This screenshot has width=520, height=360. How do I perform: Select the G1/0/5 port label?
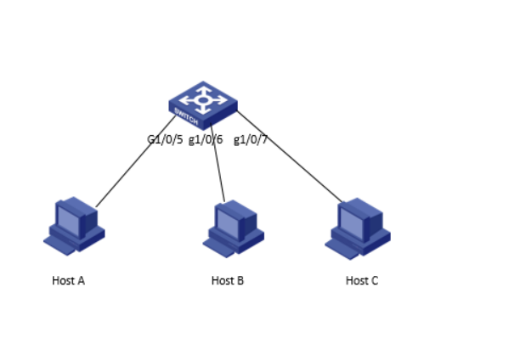pyautogui.click(x=166, y=140)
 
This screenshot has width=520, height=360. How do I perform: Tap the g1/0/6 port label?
pyautogui.click(x=206, y=140)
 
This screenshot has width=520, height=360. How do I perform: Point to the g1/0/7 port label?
pyautogui.click(x=251, y=140)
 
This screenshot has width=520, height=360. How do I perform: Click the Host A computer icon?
pyautogui.click(x=74, y=225)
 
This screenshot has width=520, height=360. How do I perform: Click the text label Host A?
pyautogui.click(x=69, y=281)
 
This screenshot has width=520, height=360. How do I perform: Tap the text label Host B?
pyautogui.click(x=228, y=281)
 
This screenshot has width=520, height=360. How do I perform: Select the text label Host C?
pyautogui.click(x=362, y=281)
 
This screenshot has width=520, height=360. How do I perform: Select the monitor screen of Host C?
pyautogui.click(x=349, y=220)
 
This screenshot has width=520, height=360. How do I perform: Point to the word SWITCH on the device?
pyautogui.click(x=186, y=113)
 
